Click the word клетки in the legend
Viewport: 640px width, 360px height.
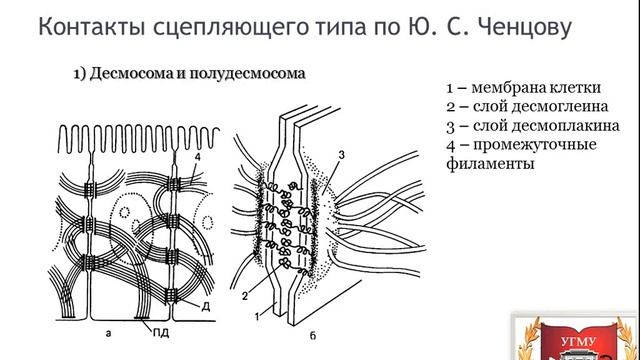pos(579,85)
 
